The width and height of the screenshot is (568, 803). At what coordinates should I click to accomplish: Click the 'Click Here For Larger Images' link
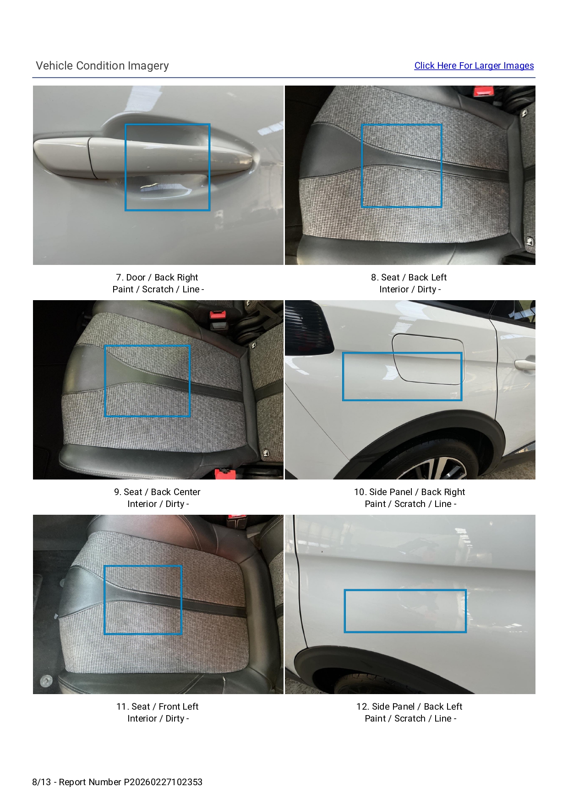(x=474, y=65)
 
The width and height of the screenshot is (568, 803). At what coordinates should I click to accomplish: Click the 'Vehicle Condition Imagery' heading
(x=102, y=65)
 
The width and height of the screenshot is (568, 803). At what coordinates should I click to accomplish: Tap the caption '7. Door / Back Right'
(x=157, y=277)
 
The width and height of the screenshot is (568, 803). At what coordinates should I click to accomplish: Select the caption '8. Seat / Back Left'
(x=409, y=277)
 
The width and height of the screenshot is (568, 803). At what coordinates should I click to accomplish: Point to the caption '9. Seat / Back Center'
(x=157, y=492)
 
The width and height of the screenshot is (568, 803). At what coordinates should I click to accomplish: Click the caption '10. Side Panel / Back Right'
(x=410, y=492)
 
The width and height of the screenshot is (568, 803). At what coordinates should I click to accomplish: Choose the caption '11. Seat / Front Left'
(x=157, y=706)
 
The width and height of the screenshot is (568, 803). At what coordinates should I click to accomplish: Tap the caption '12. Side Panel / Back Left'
(x=410, y=706)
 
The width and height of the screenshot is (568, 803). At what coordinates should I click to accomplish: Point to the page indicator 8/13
(x=42, y=782)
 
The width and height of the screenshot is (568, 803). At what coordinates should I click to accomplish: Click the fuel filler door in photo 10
(x=428, y=358)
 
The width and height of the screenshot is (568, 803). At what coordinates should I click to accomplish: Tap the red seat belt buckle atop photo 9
(x=218, y=314)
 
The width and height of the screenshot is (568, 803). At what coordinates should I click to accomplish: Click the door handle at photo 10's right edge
(x=525, y=364)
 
